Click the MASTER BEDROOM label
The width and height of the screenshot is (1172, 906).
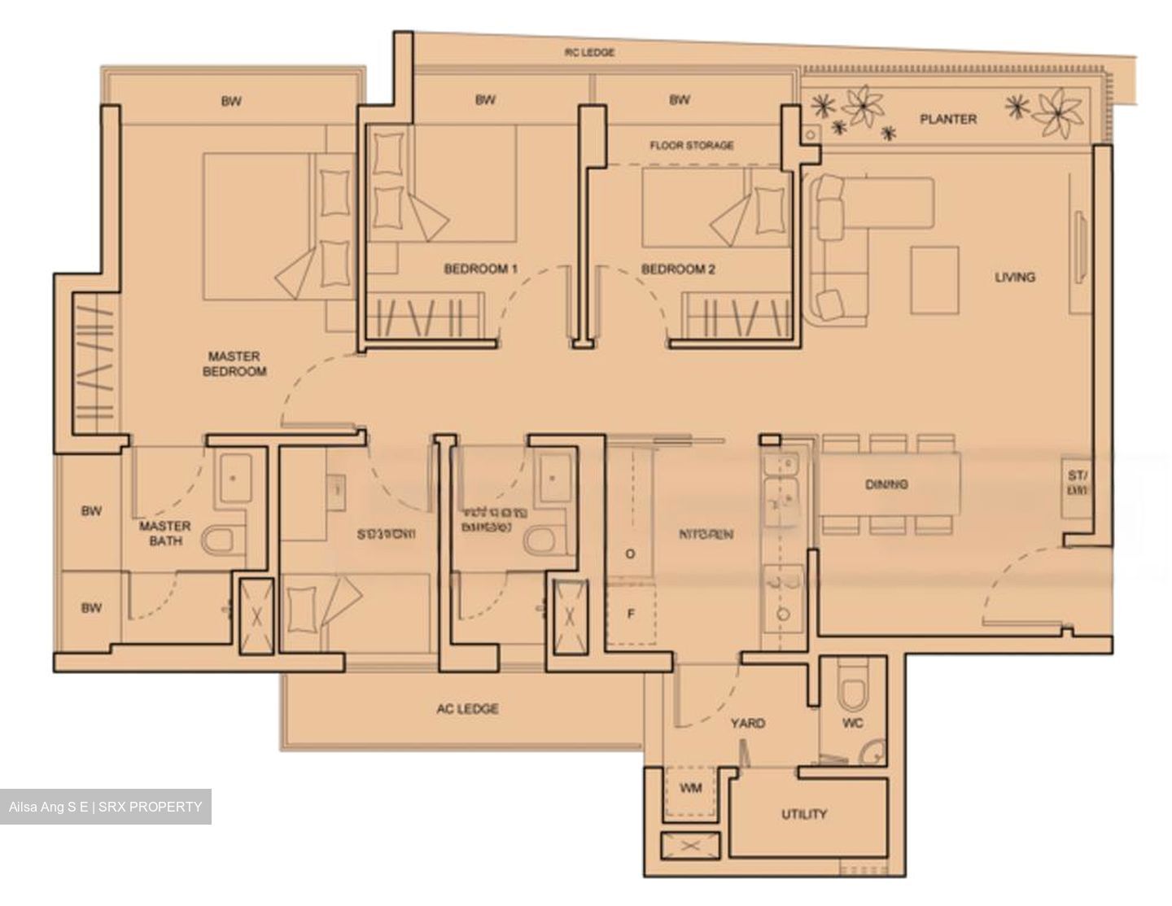click(234, 363)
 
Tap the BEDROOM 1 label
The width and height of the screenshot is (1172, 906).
click(480, 269)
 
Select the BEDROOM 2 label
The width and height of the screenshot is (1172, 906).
click(678, 269)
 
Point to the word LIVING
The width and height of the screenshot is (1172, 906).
click(1015, 277)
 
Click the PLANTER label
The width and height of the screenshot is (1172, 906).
click(947, 119)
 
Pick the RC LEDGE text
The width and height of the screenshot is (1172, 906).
click(589, 52)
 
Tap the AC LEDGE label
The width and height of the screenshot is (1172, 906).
click(467, 709)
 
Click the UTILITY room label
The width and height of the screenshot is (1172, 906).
click(804, 814)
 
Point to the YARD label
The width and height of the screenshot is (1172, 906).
click(747, 723)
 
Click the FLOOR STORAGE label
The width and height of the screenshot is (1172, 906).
click(692, 145)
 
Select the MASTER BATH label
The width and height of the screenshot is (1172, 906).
click(164, 533)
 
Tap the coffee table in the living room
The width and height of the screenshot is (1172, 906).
click(934, 280)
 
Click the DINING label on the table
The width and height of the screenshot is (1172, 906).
click(887, 484)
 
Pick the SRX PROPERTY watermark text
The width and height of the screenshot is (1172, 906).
click(106, 807)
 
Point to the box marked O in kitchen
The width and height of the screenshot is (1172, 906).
click(631, 554)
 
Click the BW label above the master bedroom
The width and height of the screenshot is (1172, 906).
click(231, 102)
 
